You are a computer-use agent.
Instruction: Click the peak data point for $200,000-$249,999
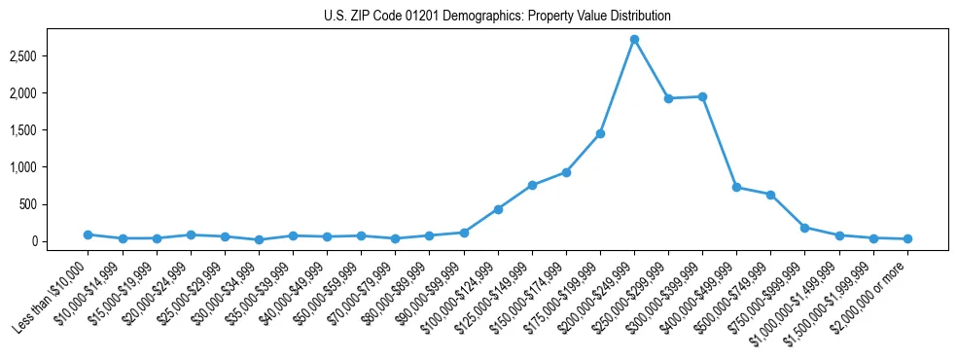tap(634, 39)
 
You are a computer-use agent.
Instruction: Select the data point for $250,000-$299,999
tap(668, 98)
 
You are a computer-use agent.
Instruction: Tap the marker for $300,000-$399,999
tap(702, 96)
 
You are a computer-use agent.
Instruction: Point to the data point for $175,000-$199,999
tap(600, 133)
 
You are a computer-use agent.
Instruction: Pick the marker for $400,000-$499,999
tap(736, 187)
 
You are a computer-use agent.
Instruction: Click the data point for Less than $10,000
tap(88, 234)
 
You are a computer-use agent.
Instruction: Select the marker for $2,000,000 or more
tap(907, 238)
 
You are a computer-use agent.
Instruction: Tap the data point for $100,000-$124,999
tap(498, 209)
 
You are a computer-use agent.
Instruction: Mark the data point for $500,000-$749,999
tap(770, 195)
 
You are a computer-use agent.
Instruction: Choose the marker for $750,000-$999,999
tap(804, 228)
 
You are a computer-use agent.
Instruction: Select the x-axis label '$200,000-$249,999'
tap(597, 296)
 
